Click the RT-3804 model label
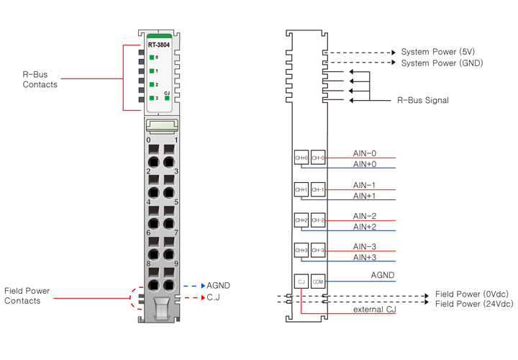(159, 45)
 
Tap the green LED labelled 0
(152, 57)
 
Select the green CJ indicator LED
(167, 98)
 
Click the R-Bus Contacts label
(40, 79)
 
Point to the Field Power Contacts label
(30, 295)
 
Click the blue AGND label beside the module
(218, 285)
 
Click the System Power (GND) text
(441, 63)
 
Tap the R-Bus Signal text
(423, 101)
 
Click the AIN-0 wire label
(364, 153)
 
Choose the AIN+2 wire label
(364, 227)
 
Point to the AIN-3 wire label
(364, 246)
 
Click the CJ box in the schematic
(301, 282)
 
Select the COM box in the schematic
(318, 282)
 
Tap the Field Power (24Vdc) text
(474, 305)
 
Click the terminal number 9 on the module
(176, 264)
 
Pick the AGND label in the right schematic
(382, 275)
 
